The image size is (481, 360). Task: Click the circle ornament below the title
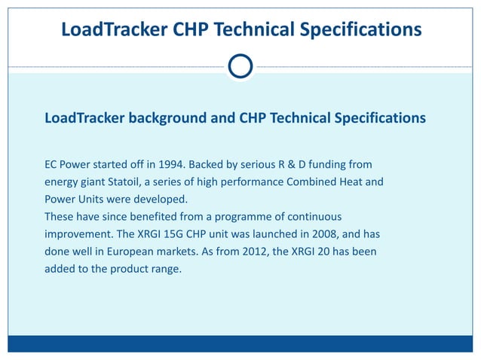point(240,66)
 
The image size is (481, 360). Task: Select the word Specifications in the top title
point(360,30)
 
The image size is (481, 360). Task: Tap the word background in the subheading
point(166,118)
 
